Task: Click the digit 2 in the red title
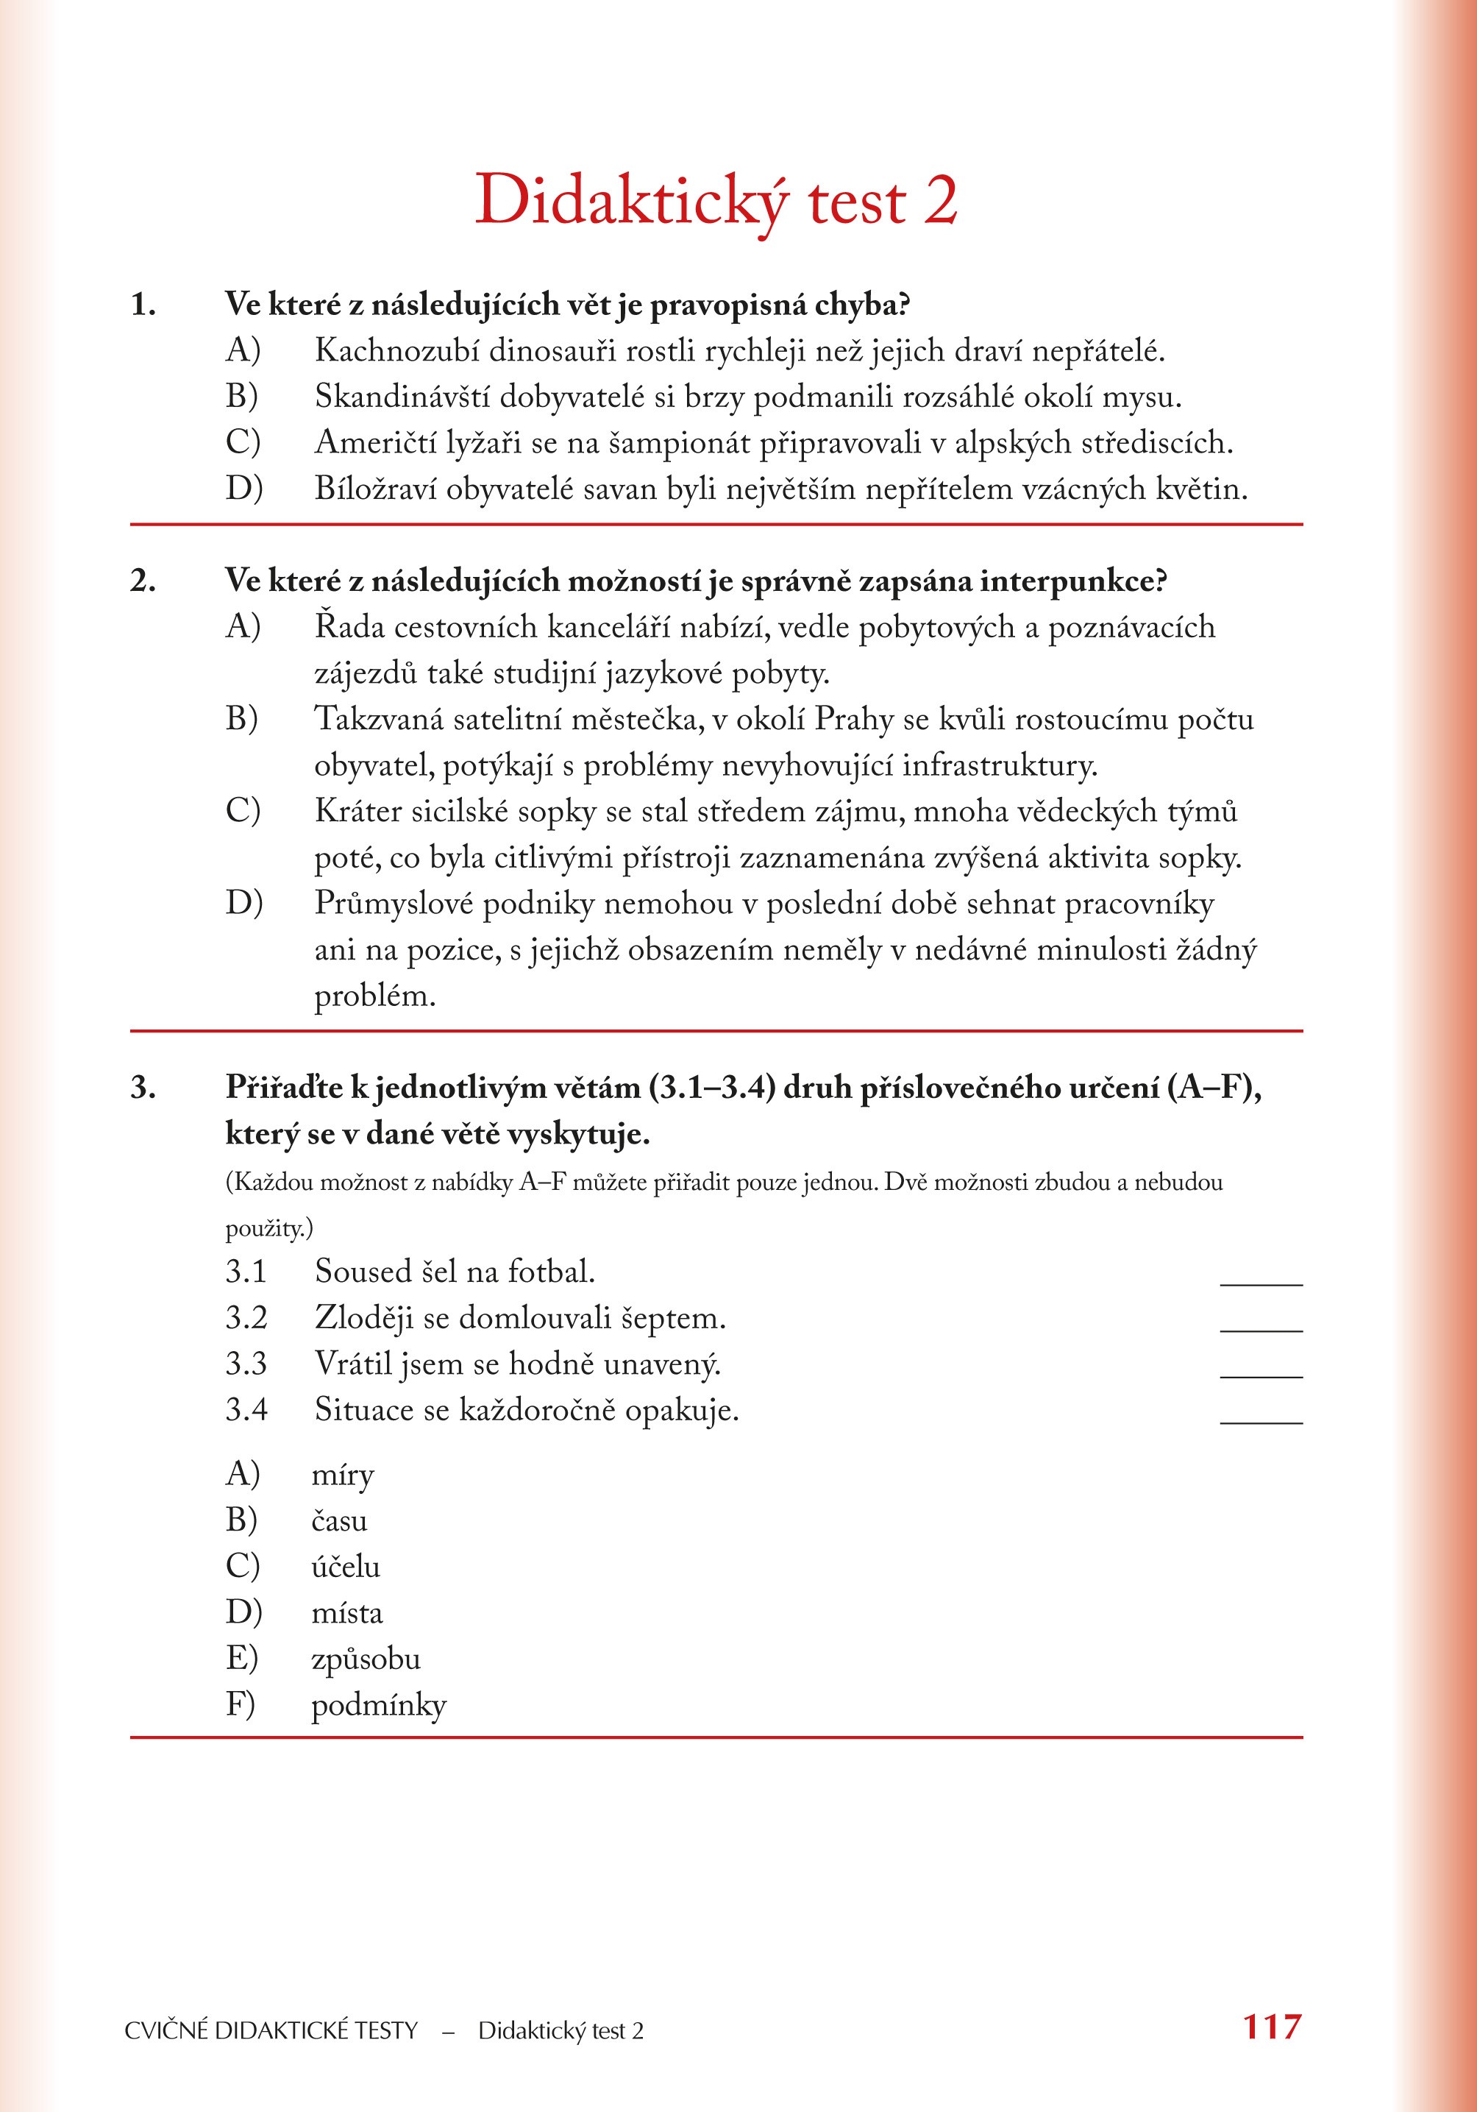(x=940, y=200)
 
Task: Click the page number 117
(x=1272, y=2027)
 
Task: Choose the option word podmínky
(x=378, y=1706)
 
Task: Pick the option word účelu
(x=345, y=1567)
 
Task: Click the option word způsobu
(x=365, y=1659)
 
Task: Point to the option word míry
(x=342, y=1475)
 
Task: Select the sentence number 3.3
(x=246, y=1363)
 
